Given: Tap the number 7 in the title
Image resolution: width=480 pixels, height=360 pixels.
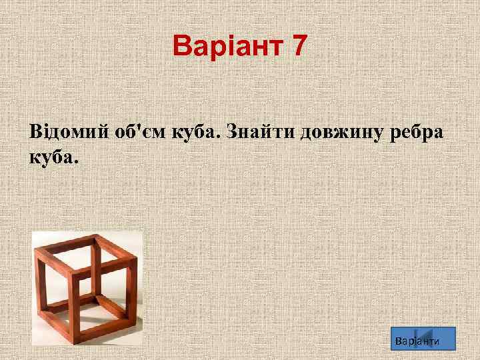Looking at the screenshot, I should (x=298, y=46).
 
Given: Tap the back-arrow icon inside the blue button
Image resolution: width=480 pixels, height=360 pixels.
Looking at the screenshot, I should (x=426, y=339).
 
